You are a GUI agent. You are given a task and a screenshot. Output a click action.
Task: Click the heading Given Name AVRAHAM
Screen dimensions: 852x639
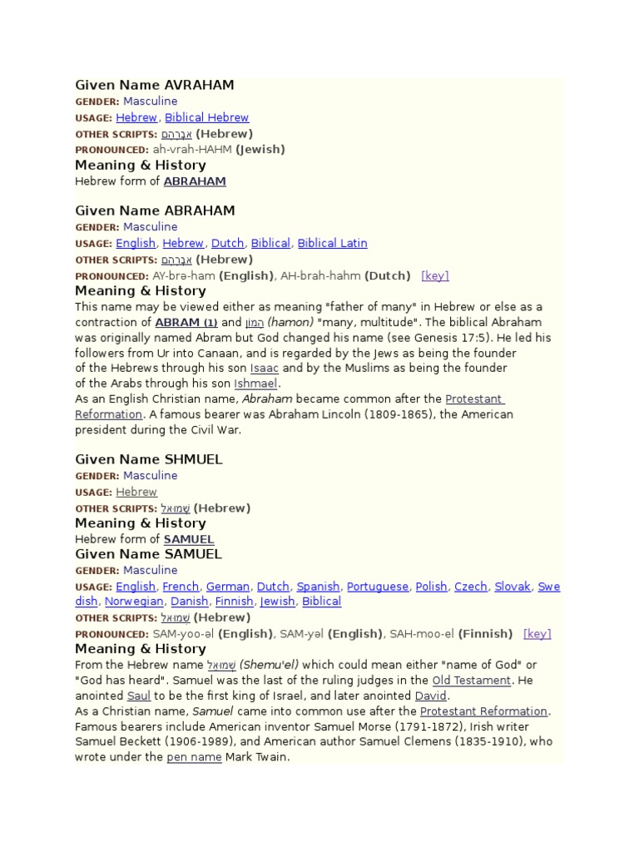click(155, 85)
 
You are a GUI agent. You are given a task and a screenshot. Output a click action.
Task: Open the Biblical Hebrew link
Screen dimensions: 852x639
click(207, 117)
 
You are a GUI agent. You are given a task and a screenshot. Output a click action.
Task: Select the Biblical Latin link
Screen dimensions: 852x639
click(332, 243)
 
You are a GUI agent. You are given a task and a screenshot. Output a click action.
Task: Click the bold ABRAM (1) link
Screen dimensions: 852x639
click(186, 322)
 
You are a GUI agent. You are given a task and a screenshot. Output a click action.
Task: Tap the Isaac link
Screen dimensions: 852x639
click(265, 368)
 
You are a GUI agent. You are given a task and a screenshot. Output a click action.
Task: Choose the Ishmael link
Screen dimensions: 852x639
click(256, 384)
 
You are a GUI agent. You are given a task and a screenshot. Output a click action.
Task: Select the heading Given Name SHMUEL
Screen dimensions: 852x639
click(149, 459)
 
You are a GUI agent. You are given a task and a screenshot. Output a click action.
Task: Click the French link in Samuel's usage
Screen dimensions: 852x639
click(181, 587)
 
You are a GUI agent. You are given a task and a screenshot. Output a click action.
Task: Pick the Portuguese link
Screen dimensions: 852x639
click(378, 587)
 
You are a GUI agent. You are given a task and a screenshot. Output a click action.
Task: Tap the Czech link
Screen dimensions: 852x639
click(471, 587)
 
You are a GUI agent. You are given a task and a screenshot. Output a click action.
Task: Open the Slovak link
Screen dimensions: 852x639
click(513, 587)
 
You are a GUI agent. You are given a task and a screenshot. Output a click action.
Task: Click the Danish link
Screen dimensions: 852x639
click(189, 602)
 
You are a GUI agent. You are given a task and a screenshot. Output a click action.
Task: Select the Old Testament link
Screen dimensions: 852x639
click(472, 681)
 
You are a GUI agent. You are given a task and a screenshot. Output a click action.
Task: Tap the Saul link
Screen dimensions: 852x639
click(139, 696)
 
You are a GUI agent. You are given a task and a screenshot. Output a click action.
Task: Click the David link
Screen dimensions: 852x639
click(431, 696)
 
